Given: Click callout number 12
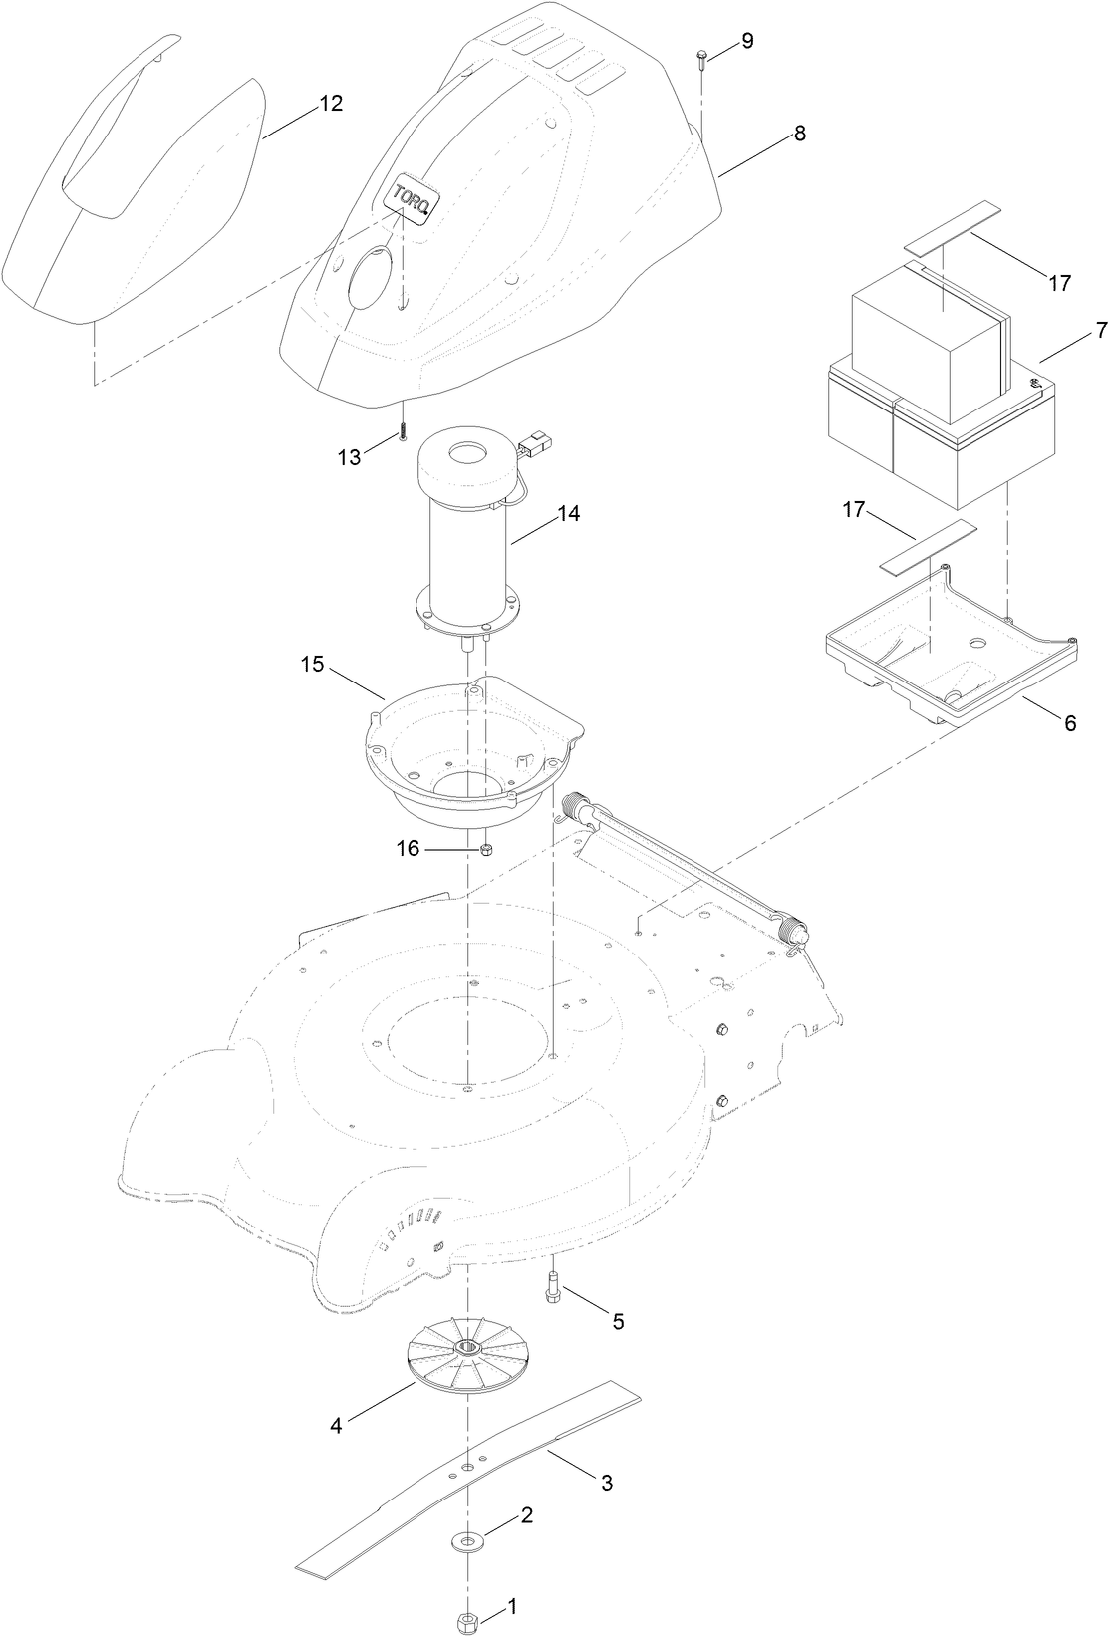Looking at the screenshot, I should [331, 104].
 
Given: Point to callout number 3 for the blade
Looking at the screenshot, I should [605, 1483].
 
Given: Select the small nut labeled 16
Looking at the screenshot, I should [487, 849].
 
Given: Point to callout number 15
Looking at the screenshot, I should [313, 664].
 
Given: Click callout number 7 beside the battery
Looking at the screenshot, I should [1100, 331].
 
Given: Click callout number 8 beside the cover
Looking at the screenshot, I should [800, 134].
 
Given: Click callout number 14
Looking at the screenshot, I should [568, 514].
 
